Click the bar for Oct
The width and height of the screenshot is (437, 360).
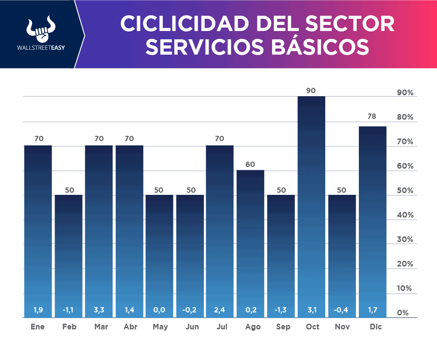311,205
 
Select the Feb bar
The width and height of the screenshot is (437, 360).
69,256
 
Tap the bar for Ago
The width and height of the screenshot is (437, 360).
250,242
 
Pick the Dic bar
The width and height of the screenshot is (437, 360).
372,221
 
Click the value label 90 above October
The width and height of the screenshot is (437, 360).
311,90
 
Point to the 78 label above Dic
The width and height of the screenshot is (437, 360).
372,117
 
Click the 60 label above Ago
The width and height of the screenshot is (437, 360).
250,164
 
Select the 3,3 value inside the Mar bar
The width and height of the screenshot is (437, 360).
99,310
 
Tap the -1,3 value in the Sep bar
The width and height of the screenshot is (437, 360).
281,310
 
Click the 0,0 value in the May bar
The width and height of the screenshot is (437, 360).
159,310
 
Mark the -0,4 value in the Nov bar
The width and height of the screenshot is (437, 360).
341,310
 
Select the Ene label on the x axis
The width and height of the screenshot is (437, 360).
38,327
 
